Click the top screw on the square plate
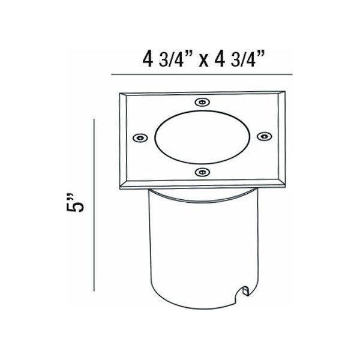[x=202, y=102]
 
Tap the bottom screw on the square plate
[x=202, y=172]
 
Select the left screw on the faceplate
[x=140, y=138]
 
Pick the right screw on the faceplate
[x=265, y=136]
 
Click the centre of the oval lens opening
[x=202, y=137]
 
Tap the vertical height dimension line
[x=94, y=205]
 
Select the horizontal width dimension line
[x=202, y=74]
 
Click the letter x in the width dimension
[x=203, y=62]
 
